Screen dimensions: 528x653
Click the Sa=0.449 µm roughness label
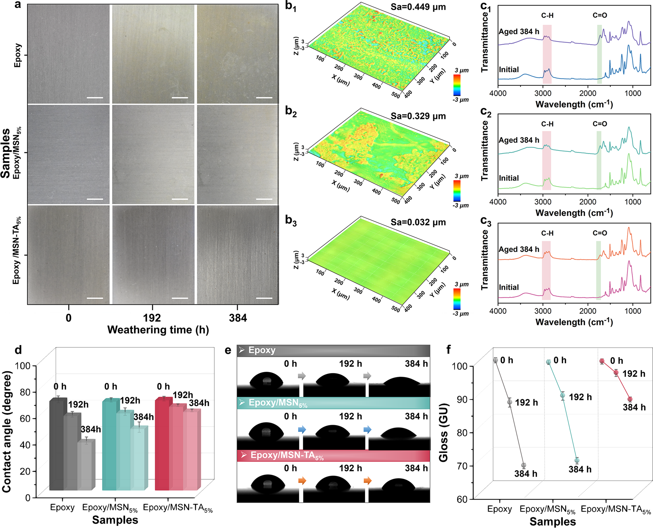418,7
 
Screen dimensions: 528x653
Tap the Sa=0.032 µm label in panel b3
418,222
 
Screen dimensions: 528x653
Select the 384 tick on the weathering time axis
238,318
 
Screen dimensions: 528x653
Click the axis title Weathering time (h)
158,330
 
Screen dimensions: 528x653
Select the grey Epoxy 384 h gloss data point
523,465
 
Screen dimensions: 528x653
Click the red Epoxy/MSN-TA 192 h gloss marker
616,372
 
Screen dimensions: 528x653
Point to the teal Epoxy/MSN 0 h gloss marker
549,362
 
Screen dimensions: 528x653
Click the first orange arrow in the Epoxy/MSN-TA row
302,480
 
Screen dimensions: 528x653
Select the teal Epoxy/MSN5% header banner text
278,403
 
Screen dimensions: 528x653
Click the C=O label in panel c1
599,15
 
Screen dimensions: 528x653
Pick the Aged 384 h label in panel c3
519,249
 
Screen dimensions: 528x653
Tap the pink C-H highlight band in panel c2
547,160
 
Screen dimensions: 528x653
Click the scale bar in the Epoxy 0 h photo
95,98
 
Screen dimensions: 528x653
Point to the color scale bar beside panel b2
457,191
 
